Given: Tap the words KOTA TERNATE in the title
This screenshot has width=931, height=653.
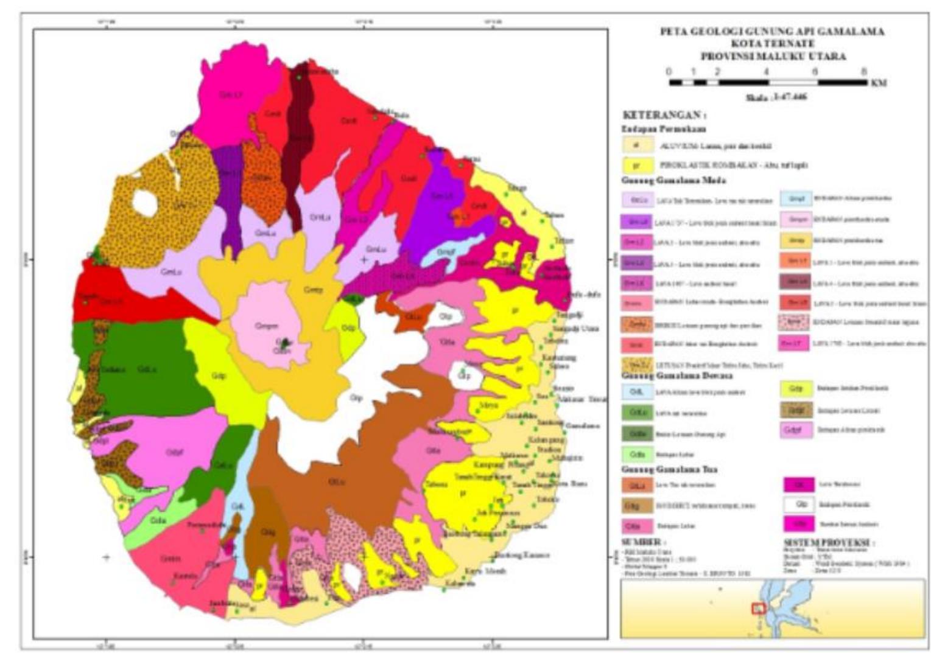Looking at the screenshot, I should click(773, 44).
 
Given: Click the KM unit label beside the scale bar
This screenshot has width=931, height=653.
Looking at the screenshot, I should click(879, 83).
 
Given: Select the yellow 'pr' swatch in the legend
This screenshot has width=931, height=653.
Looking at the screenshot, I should click(637, 165).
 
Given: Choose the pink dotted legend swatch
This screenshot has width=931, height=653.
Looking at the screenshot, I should click(793, 322).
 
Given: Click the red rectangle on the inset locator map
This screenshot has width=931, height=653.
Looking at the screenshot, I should click(758, 607).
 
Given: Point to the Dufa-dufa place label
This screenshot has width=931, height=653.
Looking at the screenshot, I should click(584, 295).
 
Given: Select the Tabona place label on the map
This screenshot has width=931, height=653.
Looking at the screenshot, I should click(436, 484).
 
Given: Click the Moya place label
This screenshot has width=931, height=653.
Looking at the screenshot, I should click(488, 405).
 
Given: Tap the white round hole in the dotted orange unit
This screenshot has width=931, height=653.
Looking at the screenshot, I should click(145, 203).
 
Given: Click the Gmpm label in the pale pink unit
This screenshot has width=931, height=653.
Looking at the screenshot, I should click(266, 326).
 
